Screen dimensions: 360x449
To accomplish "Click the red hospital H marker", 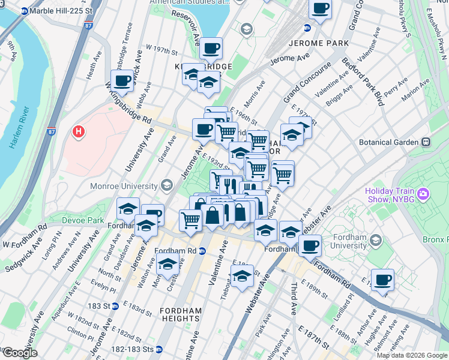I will tap(77, 131).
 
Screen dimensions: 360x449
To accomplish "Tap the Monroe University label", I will tap(123, 186).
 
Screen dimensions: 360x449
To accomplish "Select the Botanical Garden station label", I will tap(392, 142).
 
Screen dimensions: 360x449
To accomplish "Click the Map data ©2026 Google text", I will tap(412, 355).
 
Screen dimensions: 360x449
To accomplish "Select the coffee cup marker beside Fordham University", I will tap(310, 244).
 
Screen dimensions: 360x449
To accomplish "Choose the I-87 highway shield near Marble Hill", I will tap(89, 26).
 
